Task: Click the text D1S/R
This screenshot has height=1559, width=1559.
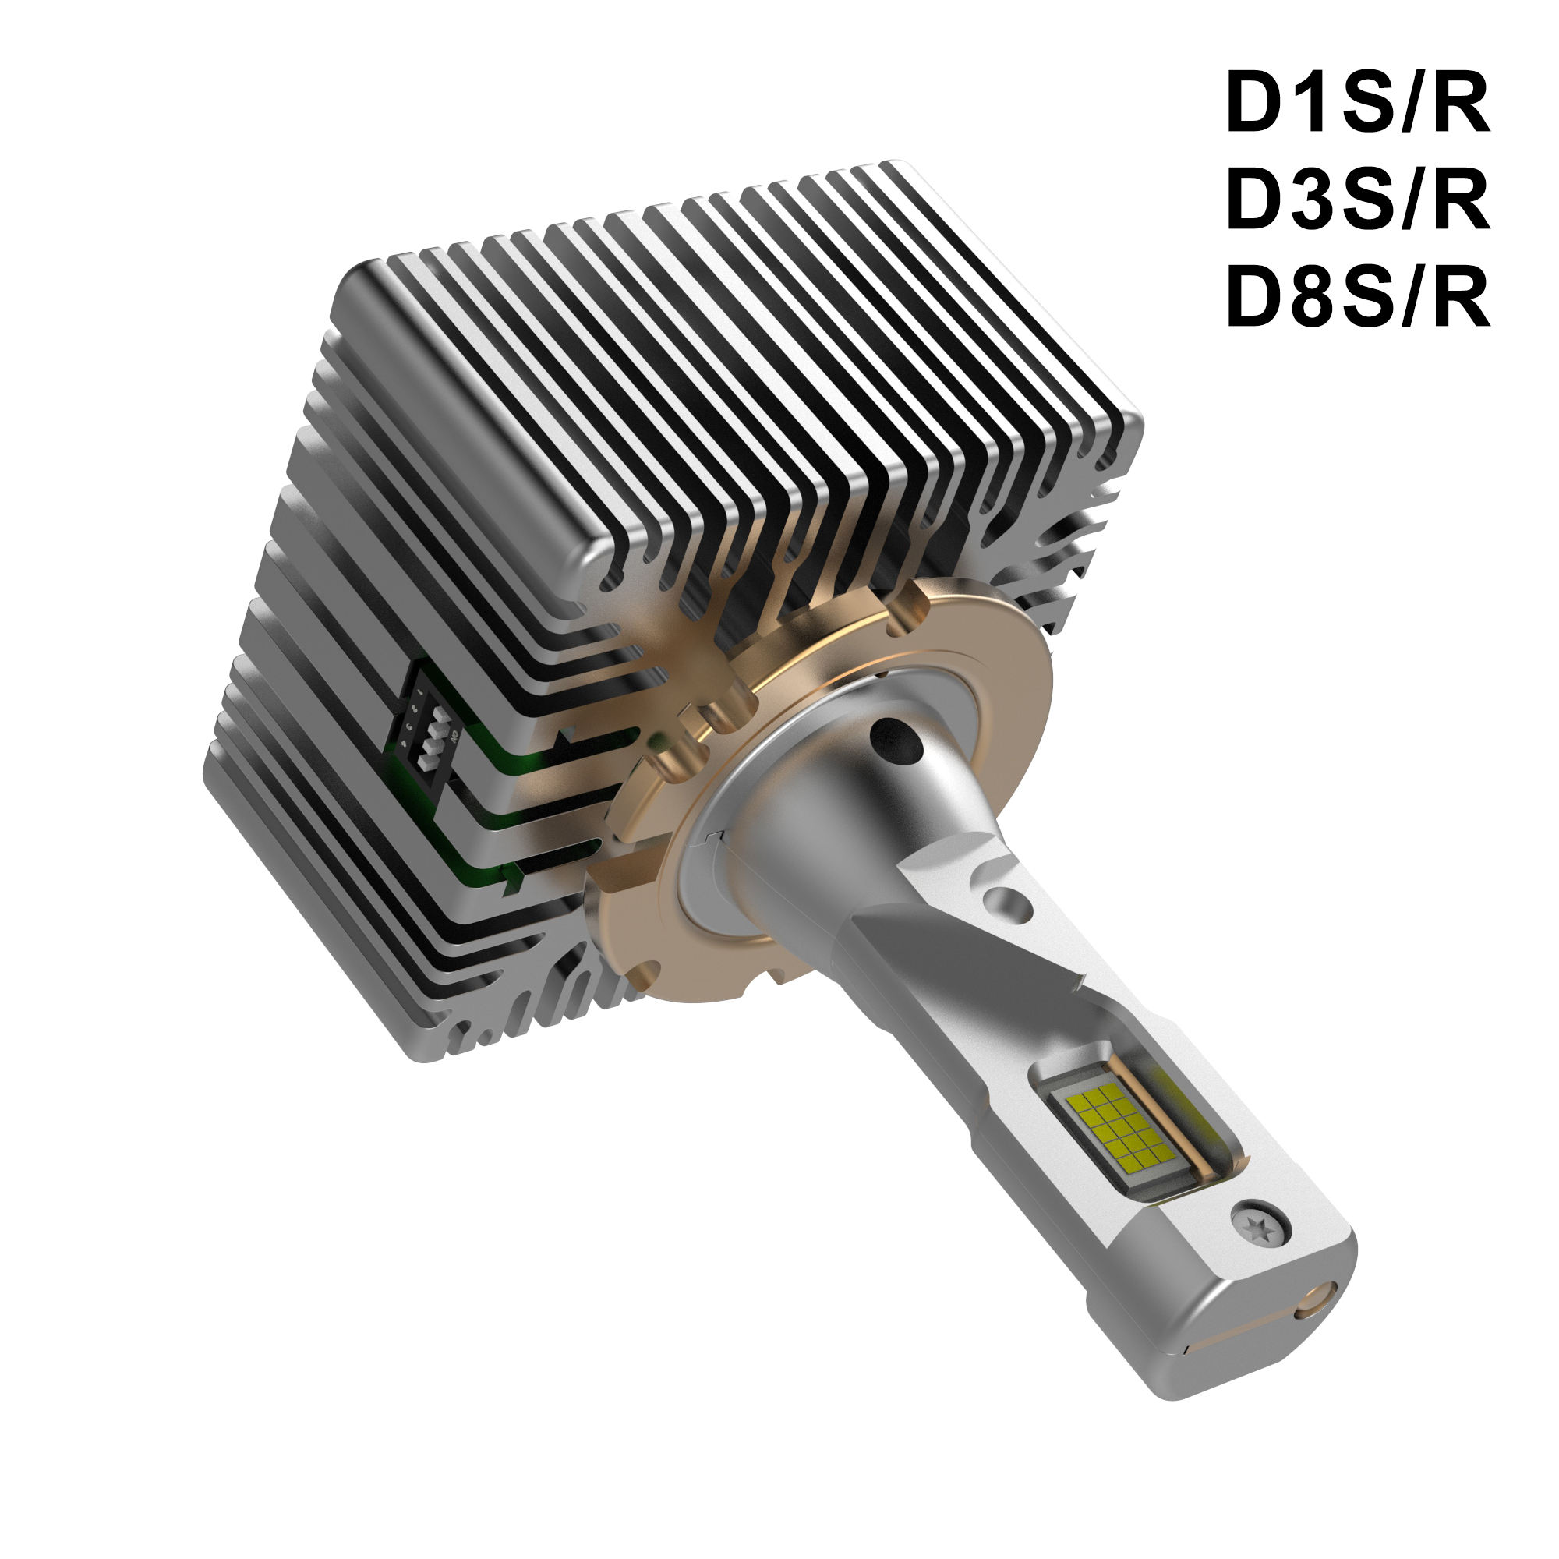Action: tap(1356, 104)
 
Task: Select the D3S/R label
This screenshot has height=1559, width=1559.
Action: tap(1356, 201)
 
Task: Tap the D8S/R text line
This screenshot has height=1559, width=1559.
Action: tap(1356, 298)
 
